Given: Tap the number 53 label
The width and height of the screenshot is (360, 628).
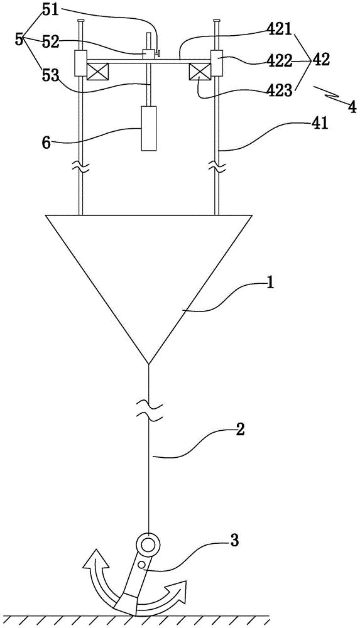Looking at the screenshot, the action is point(50,74).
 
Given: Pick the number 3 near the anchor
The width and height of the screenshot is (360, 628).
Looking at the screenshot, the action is point(235,541).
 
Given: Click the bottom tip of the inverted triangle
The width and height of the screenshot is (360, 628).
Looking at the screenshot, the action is point(149,364).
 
